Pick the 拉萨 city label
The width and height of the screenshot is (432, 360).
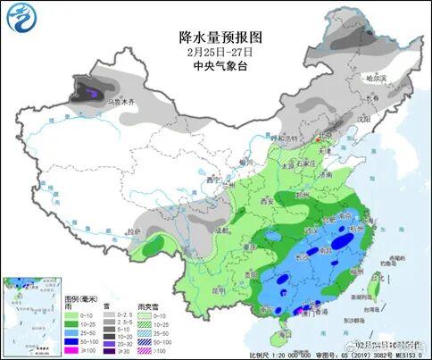pyautogui.click(x=134, y=231)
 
